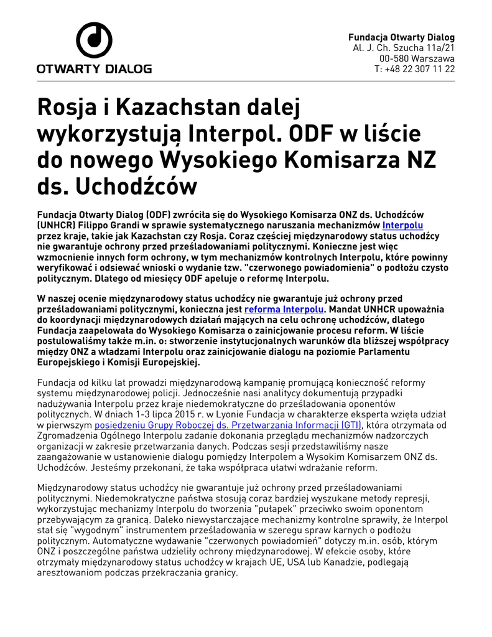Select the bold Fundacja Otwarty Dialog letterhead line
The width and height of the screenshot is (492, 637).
pyautogui.click(x=401, y=37)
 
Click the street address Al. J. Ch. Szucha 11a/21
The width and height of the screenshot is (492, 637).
pyautogui.click(x=404, y=47)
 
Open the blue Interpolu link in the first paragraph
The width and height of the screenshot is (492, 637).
pyautogui.click(x=402, y=225)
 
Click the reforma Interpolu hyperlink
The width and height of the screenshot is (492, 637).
pyautogui.click(x=284, y=309)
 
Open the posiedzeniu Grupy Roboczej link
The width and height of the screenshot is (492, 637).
pyautogui.click(x=228, y=425)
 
